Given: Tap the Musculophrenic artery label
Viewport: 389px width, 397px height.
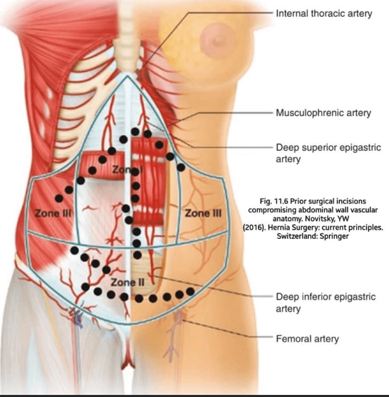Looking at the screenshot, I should pyautogui.click(x=323, y=112).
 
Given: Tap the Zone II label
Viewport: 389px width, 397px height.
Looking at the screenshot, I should pyautogui.click(x=128, y=282).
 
